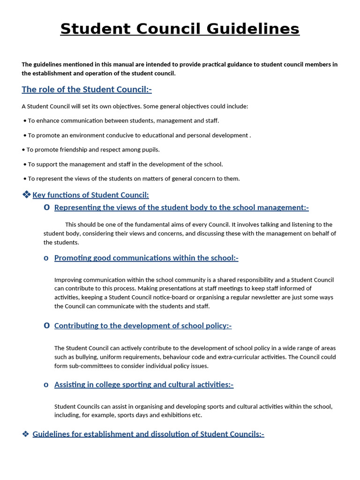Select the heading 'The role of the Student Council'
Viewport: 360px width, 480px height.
pos(87,90)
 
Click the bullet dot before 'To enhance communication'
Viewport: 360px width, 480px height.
pos(24,121)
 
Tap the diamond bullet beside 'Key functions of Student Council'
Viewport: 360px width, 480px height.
pos(26,195)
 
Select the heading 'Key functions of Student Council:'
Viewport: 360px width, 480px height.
pos(90,195)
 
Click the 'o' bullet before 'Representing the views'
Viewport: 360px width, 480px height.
pos(46,207)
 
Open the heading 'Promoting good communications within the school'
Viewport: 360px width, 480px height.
pos(146,258)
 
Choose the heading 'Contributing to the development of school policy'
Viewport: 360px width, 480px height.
pos(143,326)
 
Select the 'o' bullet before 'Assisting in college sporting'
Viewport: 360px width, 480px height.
pos(46,385)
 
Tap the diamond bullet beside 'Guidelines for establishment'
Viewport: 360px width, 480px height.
pos(26,434)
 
